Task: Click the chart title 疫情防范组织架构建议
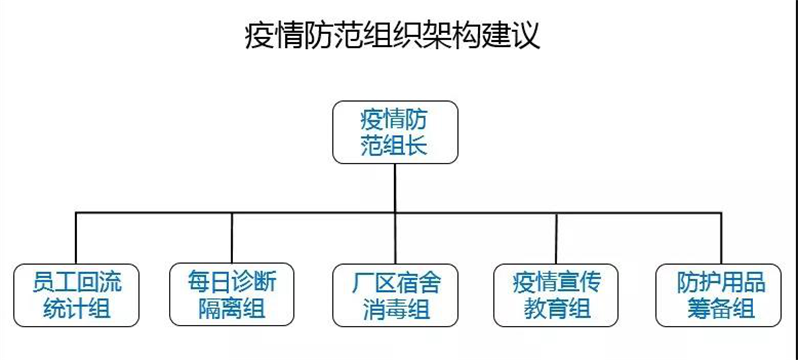[x=393, y=36]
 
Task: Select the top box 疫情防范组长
[x=394, y=132]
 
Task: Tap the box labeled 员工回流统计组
[x=75, y=294]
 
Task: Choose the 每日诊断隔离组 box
[x=231, y=294]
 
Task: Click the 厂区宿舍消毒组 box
[x=394, y=294]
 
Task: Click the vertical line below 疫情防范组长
[x=394, y=187]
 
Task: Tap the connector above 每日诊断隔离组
[x=231, y=238]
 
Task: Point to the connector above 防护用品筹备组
[x=715, y=238]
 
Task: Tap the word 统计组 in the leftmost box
[x=75, y=308]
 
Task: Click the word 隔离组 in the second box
[x=231, y=308]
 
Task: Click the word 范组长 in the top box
[x=394, y=146]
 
